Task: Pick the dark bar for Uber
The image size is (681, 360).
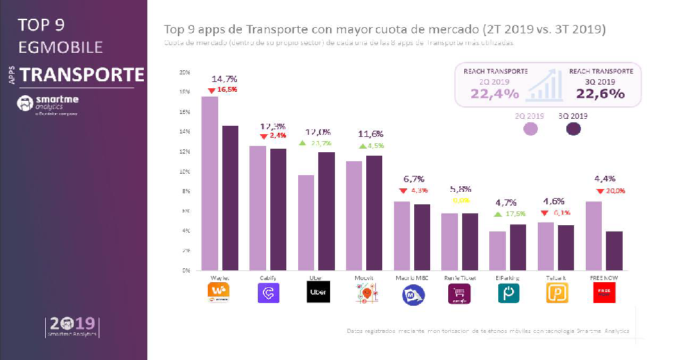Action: point(327,211)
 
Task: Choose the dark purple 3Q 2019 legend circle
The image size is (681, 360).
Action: point(574,129)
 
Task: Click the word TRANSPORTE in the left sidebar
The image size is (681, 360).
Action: point(82,74)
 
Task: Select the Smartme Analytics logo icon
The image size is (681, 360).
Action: point(25,104)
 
